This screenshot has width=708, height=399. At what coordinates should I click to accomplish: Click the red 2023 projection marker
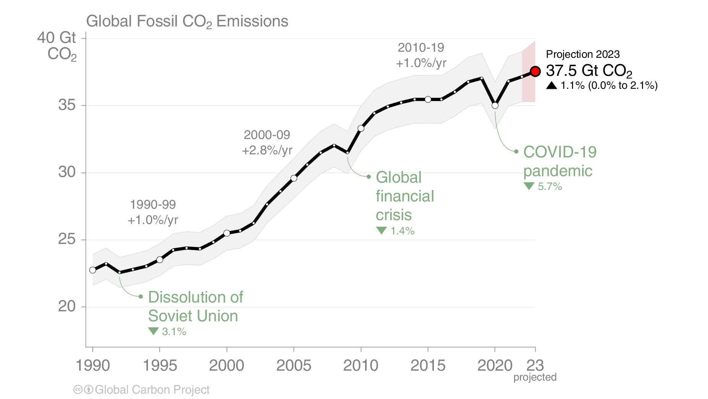click(535, 71)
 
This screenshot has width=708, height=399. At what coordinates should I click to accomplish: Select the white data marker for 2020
click(495, 105)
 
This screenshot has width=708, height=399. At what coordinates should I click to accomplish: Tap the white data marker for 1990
click(93, 270)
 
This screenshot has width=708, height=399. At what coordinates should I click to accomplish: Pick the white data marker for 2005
click(294, 178)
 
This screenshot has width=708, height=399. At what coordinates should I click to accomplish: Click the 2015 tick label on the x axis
click(428, 365)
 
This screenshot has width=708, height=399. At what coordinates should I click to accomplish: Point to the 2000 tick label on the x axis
click(226, 365)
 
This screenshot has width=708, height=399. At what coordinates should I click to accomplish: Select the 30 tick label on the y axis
click(67, 172)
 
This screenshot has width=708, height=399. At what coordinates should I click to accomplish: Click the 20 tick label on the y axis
click(67, 306)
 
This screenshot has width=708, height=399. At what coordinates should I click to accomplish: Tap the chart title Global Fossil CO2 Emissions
click(187, 21)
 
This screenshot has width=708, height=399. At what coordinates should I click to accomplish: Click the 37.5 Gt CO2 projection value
click(589, 71)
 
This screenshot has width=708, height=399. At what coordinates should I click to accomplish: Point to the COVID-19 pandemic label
click(560, 161)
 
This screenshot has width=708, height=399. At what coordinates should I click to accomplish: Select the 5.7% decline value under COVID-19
click(549, 186)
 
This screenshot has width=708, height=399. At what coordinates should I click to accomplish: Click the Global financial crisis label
click(404, 196)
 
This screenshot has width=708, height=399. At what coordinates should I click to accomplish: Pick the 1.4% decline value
click(402, 231)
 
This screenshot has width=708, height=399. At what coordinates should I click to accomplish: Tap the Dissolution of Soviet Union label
click(195, 306)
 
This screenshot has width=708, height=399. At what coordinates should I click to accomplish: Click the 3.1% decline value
click(174, 332)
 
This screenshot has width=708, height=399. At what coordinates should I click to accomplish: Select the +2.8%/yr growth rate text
click(267, 150)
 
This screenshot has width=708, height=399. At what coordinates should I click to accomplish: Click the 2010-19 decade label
click(421, 47)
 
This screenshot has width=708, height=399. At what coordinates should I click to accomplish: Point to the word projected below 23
click(534, 377)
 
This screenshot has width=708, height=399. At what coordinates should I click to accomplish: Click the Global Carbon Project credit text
click(152, 390)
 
